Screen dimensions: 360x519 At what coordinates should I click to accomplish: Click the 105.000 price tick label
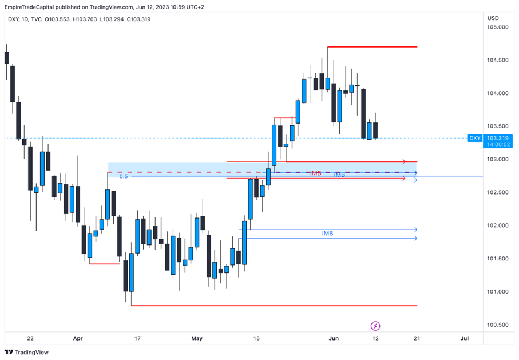coord(497,27)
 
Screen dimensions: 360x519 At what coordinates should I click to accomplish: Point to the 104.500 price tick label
coord(497,60)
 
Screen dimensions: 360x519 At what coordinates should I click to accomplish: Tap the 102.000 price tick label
coord(497,226)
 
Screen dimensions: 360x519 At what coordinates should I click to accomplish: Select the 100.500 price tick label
coord(497,325)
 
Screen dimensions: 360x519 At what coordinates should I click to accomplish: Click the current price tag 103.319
coord(497,138)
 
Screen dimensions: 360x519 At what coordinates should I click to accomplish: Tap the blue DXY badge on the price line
coord(475,138)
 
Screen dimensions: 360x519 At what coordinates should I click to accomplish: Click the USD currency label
coord(493,18)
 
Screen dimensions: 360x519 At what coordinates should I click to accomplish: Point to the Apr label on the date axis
coord(78,338)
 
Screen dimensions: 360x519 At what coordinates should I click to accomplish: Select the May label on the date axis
coord(197,338)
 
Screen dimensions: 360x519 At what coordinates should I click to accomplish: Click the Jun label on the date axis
coord(334,338)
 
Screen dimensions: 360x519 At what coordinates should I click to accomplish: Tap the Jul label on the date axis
coord(465,338)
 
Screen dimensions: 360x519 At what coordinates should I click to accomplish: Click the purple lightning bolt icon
coord(375,326)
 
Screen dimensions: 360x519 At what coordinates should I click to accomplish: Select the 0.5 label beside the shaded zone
coord(123,176)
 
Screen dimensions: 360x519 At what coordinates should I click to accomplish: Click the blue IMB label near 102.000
coord(327,234)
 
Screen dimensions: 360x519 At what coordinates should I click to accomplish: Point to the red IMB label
coord(315,173)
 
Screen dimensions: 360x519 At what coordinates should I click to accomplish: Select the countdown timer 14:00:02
coord(497,145)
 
